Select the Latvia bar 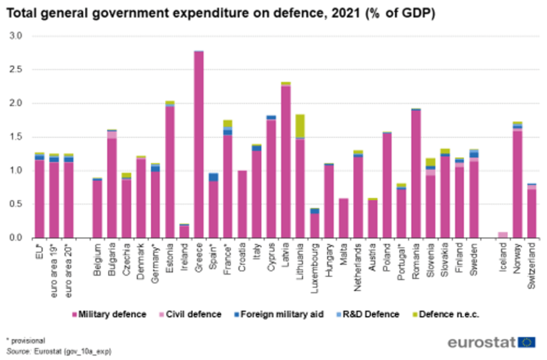click(x=286, y=160)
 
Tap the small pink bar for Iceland click(x=502, y=234)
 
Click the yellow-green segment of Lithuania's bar click(x=300, y=126)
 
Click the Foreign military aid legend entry click(x=280, y=315)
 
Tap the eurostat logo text click(x=481, y=342)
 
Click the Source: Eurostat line click(x=59, y=351)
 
